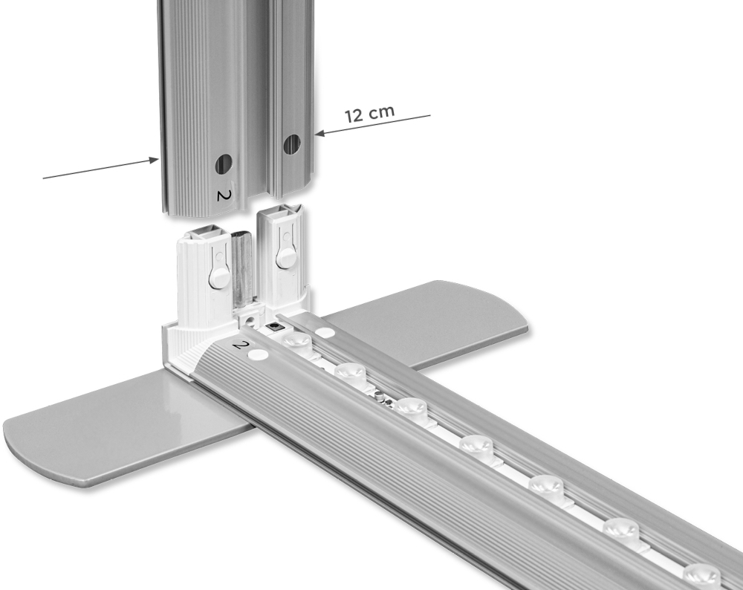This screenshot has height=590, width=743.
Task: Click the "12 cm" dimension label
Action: tap(369, 114)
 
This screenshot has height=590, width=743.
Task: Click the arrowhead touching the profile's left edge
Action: tap(154, 161)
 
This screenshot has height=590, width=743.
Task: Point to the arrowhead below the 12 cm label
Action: tap(320, 133)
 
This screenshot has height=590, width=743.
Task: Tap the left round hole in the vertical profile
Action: tap(223, 163)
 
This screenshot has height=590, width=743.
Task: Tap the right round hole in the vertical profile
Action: tap(292, 144)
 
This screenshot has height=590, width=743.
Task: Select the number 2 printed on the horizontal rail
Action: tap(241, 345)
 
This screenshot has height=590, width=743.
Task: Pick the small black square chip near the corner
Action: tap(274, 327)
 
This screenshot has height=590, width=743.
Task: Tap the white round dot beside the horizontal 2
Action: tap(259, 353)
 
